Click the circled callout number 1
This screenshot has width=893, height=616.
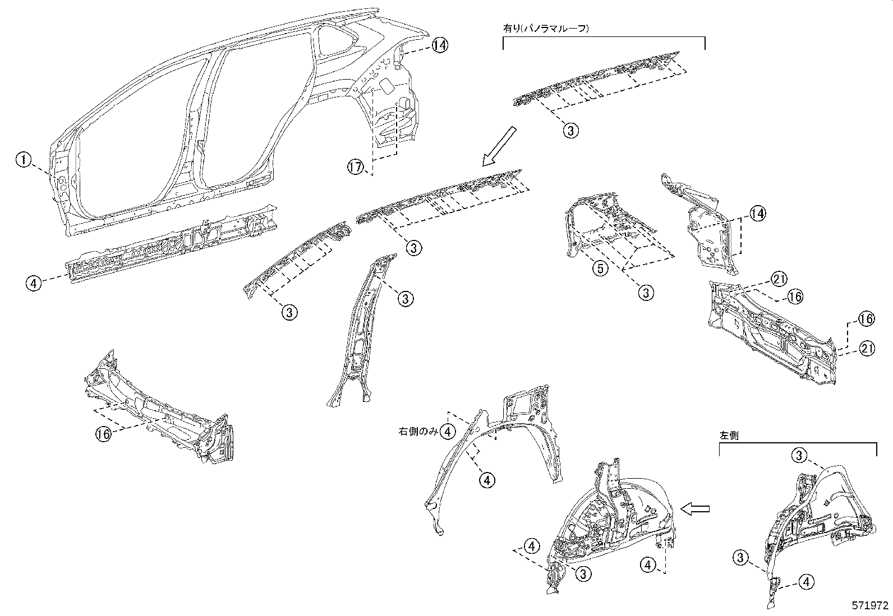click(x=23, y=160)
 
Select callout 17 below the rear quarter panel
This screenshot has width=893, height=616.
click(x=355, y=167)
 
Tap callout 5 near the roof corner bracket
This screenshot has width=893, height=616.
click(x=600, y=268)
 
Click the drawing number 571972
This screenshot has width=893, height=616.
click(x=870, y=606)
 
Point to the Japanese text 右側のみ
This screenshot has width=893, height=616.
click(x=417, y=431)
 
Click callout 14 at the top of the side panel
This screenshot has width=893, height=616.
click(x=440, y=45)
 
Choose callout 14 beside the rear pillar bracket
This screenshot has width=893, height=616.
click(x=758, y=213)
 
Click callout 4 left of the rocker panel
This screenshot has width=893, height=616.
click(x=34, y=283)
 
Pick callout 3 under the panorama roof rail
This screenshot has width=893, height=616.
click(x=570, y=131)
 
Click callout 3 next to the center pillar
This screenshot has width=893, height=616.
click(x=406, y=299)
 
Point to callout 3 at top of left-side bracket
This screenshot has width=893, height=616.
click(x=800, y=455)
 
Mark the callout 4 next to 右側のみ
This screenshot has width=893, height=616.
click(x=448, y=431)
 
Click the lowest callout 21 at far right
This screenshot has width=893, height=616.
click(x=867, y=349)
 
